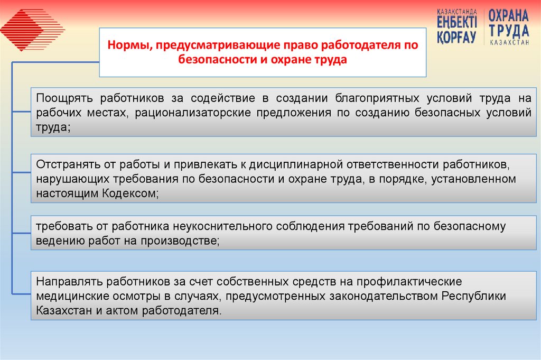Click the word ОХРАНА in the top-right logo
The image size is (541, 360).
pos(508,15)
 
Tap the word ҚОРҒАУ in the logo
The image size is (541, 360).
pos(456,37)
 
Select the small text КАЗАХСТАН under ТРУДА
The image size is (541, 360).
pos(509,43)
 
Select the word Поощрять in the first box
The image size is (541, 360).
pos(65,98)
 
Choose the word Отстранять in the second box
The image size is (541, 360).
pos(66,165)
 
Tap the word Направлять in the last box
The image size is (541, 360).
pos(67,281)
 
